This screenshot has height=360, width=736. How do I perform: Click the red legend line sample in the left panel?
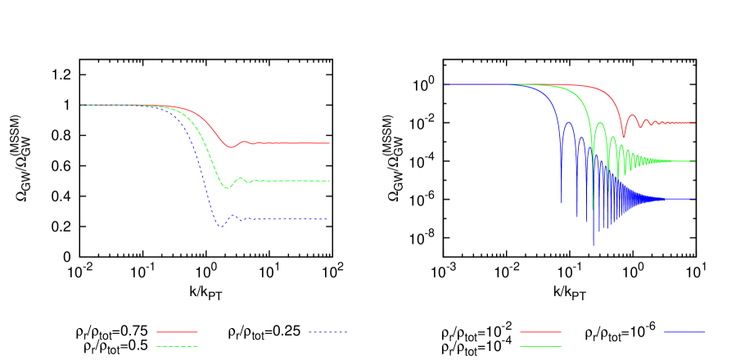click(177, 332)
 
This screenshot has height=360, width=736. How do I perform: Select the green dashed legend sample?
click(177, 346)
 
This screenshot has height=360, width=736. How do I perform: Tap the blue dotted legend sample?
click(328, 332)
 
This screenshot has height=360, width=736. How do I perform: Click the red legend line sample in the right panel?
click(540, 332)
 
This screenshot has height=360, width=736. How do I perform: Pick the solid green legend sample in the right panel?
click(540, 346)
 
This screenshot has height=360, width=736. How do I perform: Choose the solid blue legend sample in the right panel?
click(684, 332)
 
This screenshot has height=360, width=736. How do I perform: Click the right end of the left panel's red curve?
click(329, 143)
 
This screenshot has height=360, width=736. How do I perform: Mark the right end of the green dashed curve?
click(329, 181)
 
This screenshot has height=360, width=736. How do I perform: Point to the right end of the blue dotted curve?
click(329, 218)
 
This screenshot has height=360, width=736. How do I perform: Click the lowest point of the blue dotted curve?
click(219, 227)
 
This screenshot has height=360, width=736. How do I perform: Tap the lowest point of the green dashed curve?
click(228, 188)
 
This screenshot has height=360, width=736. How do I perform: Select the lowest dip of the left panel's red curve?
click(232, 148)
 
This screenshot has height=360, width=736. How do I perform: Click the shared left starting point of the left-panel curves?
click(81, 105)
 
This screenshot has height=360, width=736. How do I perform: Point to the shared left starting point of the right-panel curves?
click(445, 84)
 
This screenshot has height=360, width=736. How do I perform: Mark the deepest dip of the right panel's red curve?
click(624, 137)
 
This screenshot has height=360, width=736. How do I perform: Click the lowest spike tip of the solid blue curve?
click(594, 245)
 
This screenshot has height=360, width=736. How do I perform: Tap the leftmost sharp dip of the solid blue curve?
click(562, 201)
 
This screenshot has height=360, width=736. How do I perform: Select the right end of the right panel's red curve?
click(695, 123)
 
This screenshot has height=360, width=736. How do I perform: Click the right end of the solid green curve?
click(695, 161)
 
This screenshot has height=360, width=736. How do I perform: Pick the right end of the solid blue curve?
click(695, 199)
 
